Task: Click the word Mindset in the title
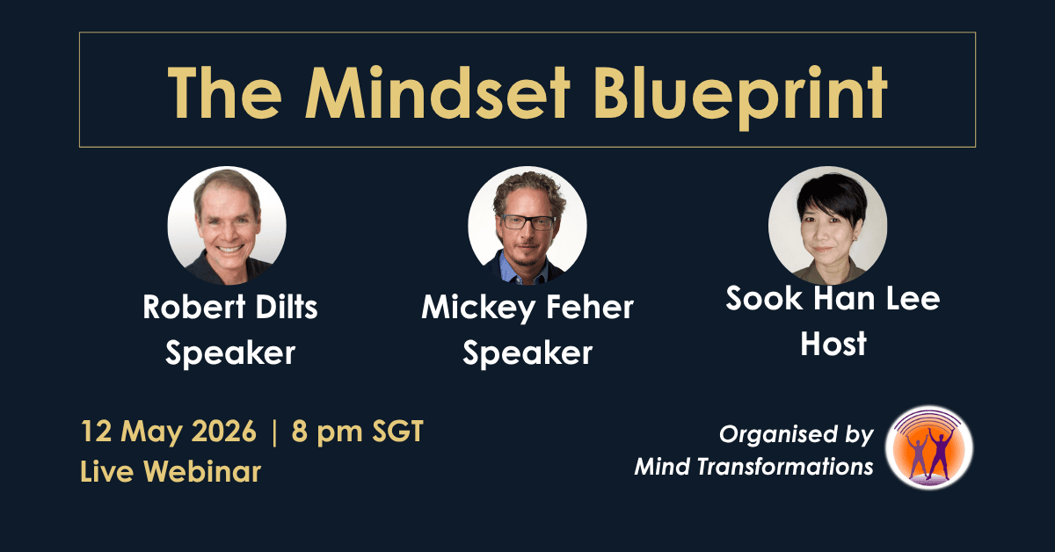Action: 438,93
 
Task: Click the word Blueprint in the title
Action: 740,97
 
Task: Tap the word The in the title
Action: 225,93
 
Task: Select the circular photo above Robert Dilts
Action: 227,226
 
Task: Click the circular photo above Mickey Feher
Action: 527,226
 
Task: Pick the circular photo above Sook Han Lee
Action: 828,226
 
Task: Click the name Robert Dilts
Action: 230,307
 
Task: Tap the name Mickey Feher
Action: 527,309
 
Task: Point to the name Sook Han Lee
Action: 833,298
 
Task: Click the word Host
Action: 833,344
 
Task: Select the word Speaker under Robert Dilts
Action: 230,353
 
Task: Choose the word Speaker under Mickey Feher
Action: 527,353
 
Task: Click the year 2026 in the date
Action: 224,431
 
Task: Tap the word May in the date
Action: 151,432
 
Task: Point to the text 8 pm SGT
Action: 358,432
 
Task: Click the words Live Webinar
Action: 171,471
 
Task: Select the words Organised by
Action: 797,435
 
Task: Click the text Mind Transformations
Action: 754,467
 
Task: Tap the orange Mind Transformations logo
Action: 929,448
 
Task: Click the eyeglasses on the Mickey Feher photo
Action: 529,222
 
